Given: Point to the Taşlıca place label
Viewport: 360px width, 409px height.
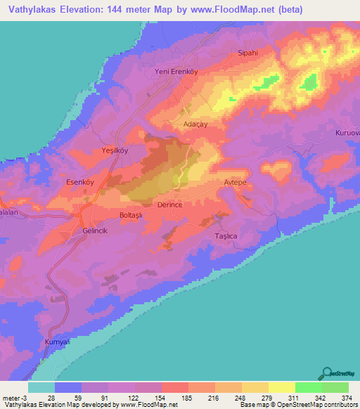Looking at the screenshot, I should pos(226,237).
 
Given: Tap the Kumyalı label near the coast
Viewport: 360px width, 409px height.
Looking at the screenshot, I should pos(58,342).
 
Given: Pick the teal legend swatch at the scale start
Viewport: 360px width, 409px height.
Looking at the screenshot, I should pos(41,387).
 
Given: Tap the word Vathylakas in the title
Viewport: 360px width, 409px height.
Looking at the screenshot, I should pos(32,9).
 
